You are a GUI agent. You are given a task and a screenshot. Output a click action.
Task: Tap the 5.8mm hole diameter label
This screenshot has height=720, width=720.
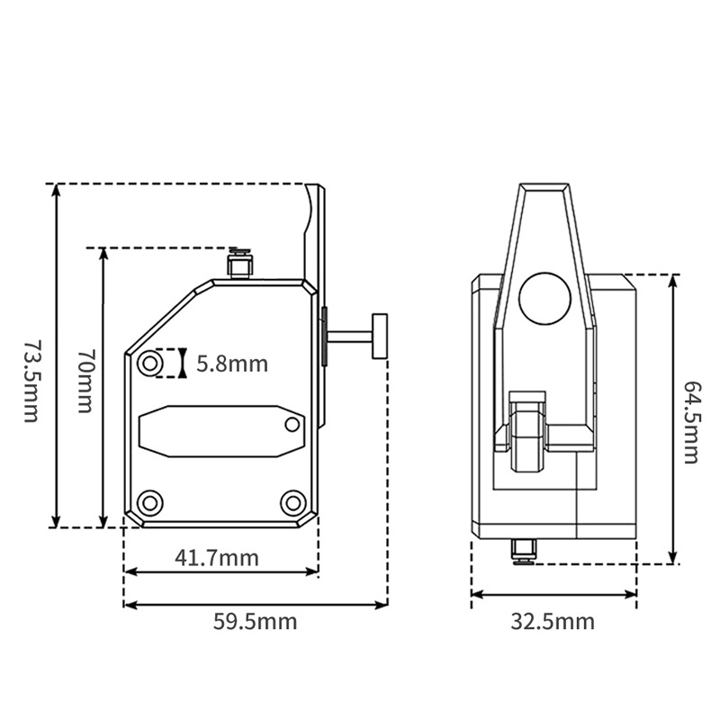(x=232, y=364)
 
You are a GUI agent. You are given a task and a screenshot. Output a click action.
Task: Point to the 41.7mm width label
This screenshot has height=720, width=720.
(x=217, y=558)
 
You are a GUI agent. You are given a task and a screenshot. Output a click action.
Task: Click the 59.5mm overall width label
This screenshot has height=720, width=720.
(x=255, y=620)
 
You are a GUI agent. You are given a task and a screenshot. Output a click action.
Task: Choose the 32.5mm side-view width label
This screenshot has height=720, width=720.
(x=553, y=621)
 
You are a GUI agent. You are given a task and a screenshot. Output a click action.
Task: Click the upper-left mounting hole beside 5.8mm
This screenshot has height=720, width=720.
(x=150, y=364)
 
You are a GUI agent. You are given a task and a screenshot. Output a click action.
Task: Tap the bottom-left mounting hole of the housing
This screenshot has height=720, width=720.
(x=150, y=502)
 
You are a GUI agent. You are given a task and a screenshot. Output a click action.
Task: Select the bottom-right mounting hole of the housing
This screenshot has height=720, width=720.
(x=292, y=502)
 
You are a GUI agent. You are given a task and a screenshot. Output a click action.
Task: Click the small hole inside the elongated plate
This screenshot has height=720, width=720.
(x=292, y=424)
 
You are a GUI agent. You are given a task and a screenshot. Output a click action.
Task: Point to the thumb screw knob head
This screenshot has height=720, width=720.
(x=380, y=336)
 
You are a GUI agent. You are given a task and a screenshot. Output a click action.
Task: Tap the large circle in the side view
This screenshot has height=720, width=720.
(x=545, y=297)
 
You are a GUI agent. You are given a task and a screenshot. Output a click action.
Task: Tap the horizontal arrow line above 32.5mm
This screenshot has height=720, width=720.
(x=553, y=594)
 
